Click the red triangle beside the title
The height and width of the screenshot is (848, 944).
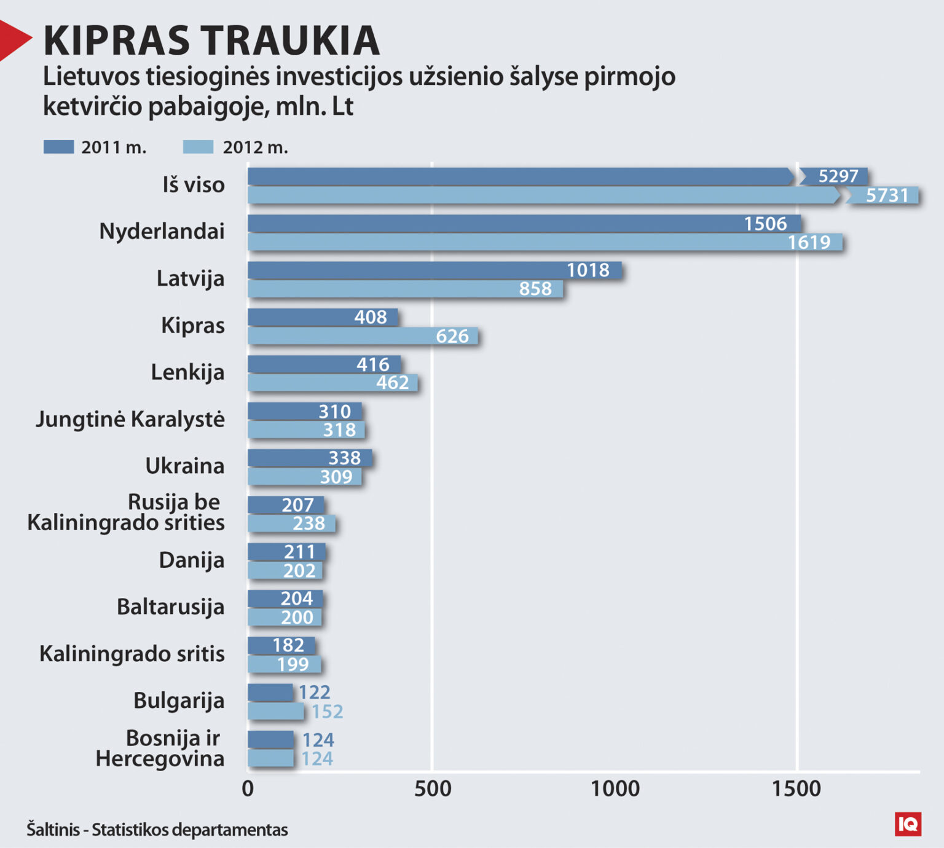14,40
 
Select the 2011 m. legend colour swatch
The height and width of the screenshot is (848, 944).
58,147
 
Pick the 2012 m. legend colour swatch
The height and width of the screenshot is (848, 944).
198,147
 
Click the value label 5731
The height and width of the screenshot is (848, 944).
886,195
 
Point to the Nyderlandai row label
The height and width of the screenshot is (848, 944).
162,232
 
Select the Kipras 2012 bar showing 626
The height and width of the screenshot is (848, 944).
363,336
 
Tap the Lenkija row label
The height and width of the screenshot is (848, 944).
187,372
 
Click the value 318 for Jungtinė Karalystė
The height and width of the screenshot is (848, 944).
339,430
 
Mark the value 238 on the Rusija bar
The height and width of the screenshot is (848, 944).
309,524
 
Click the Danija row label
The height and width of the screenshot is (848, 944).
191,560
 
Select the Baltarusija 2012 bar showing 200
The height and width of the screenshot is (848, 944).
284,618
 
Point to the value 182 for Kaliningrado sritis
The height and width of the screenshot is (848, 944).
288,645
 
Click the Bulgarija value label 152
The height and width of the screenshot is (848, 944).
327,712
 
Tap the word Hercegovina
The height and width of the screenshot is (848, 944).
160,759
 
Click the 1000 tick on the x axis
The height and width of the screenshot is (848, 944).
615,789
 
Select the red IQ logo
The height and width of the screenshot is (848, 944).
908,824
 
